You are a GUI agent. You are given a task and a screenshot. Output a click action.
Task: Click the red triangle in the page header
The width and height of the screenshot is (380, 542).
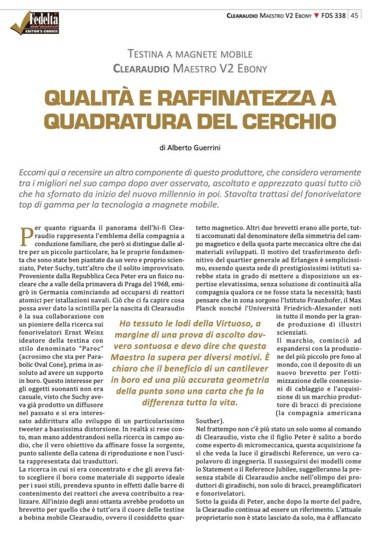(316, 15)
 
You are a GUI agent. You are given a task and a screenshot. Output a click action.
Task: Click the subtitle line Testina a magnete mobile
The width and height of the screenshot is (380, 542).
(190, 55)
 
